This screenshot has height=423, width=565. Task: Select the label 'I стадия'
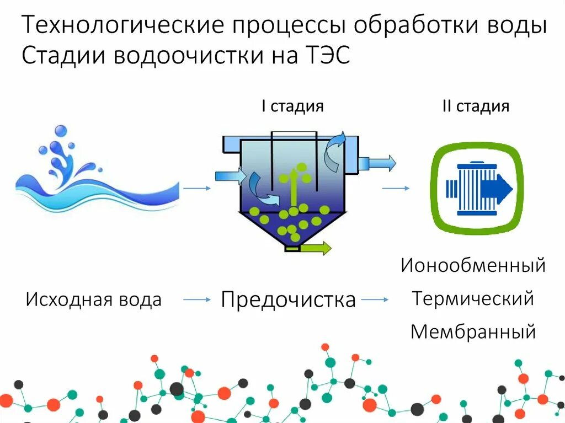coord(292,106)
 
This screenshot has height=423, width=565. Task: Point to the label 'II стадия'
coord(476,106)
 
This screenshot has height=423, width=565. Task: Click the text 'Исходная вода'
coord(94,300)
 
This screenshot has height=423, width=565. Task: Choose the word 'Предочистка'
coord(288,300)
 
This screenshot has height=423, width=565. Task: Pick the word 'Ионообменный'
coord(473,266)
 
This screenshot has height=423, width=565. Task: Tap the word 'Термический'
coord(473,299)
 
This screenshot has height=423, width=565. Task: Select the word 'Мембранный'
coord(473,332)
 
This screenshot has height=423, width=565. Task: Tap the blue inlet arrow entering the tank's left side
coord(231,175)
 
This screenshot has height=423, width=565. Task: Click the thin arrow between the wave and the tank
coord(197,189)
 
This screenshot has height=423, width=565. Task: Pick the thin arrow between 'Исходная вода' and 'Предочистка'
coord(197,300)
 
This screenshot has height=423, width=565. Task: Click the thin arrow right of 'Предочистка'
coord(375,300)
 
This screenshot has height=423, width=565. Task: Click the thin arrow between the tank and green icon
coord(396,189)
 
